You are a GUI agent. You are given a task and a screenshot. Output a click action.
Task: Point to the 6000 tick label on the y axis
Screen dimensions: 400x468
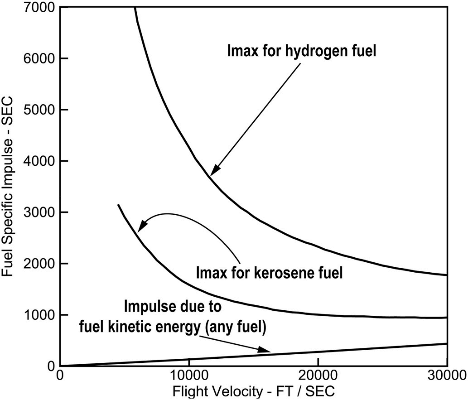pyautogui.click(x=39, y=59)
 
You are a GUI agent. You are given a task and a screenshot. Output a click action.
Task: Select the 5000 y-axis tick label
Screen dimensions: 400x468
pyautogui.click(x=39, y=110)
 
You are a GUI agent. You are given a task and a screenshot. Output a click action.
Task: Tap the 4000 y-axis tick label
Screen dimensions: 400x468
pyautogui.click(x=39, y=161)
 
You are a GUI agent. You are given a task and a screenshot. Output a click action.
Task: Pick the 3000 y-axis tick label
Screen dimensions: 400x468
pyautogui.click(x=39, y=212)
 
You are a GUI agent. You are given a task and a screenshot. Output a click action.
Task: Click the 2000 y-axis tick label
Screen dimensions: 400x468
pyautogui.click(x=39, y=264)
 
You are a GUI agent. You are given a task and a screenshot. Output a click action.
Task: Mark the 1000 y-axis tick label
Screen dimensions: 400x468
pyautogui.click(x=39, y=315)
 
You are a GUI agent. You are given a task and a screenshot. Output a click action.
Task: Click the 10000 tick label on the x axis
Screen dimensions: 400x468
pyautogui.click(x=188, y=376)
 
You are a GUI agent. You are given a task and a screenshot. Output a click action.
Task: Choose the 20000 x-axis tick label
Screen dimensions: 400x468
pyautogui.click(x=318, y=376)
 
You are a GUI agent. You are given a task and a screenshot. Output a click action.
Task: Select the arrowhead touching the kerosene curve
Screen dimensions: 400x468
pyautogui.click(x=142, y=225)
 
